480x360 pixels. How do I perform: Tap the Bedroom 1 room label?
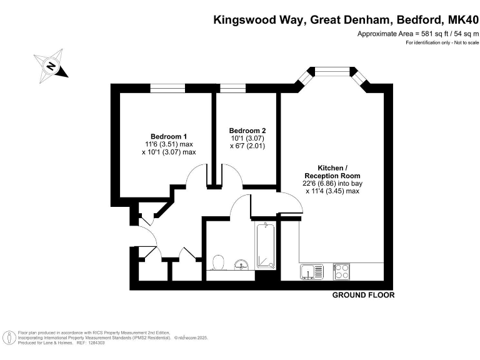pos(169,136)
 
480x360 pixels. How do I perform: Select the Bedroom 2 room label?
pos(243,131)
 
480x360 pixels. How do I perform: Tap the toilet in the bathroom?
pos(219,261)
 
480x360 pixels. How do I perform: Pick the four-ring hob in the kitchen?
pos(342,272)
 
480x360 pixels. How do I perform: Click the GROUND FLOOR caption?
pos(363,295)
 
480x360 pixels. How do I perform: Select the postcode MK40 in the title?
pos(461,19)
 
